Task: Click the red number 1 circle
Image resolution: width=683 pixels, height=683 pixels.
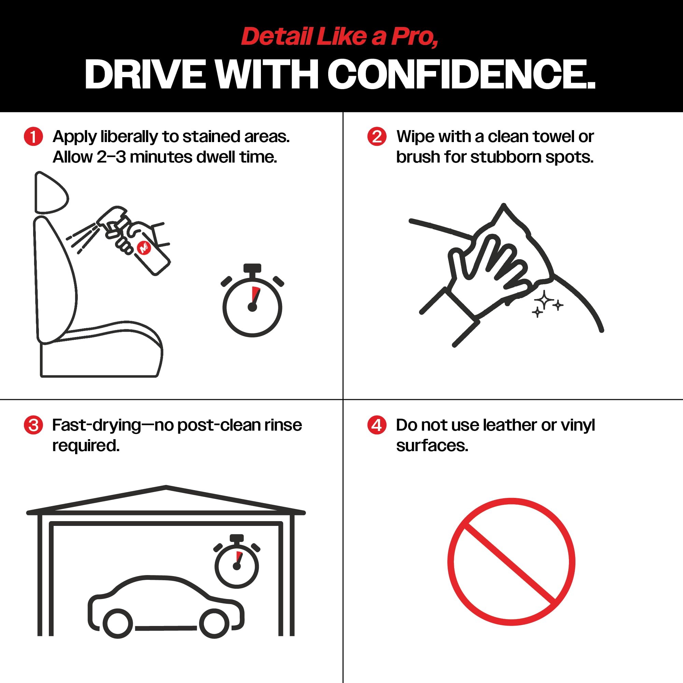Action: (x=33, y=137)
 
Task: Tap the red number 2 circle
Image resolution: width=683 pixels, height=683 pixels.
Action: (x=377, y=137)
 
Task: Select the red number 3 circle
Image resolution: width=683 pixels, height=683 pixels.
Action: (x=33, y=425)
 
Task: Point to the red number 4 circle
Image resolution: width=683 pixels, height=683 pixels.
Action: (x=377, y=425)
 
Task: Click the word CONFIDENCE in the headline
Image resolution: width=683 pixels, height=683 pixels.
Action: (x=461, y=74)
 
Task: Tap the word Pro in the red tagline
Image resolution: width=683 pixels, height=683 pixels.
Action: (x=414, y=37)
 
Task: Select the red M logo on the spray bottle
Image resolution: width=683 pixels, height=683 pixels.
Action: (x=144, y=247)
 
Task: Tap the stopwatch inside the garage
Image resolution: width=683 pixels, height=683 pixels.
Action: (x=237, y=561)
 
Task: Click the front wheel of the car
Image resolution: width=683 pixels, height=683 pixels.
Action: (x=214, y=624)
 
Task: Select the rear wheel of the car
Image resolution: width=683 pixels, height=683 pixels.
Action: (x=118, y=624)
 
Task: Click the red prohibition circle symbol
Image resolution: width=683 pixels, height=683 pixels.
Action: (x=511, y=562)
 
